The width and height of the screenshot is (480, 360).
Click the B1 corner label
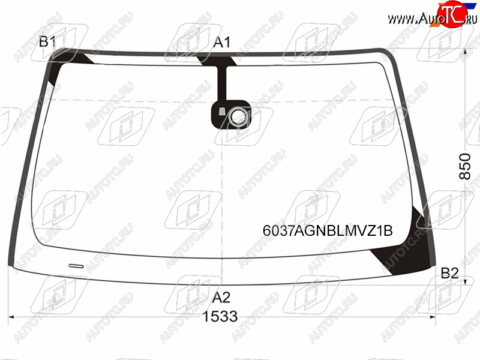[x=47, y=41]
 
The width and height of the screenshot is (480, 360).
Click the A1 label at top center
[x=222, y=42]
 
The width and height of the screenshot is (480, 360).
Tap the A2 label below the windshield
[x=221, y=297]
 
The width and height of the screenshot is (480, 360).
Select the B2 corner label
[x=449, y=273]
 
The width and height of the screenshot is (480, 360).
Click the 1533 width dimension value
[x=220, y=316]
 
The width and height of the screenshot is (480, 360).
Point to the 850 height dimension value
[x=464, y=166]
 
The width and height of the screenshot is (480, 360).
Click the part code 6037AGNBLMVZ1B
[x=328, y=230]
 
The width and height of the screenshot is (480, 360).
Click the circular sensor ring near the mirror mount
[x=238, y=116]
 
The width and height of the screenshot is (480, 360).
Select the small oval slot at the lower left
[x=76, y=266]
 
